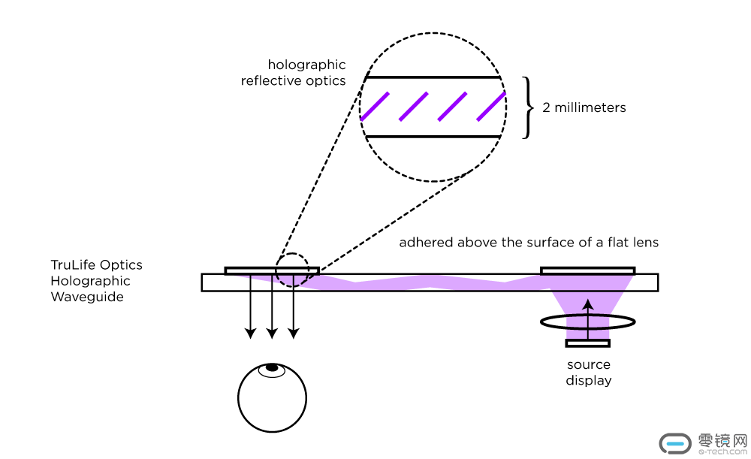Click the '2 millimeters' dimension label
[584, 107]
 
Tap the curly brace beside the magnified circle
[527, 107]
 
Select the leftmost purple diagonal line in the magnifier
[375, 106]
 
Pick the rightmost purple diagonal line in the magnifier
[490, 106]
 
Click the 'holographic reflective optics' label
[294, 73]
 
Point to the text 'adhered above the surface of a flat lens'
[529, 243]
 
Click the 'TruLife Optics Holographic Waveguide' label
[96, 281]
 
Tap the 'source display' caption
[589, 373]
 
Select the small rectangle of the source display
[588, 343]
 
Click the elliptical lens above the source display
[588, 322]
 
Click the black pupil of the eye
[271, 367]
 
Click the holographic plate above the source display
[587, 270]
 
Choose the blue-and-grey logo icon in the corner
[674, 443]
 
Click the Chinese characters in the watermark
[722, 439]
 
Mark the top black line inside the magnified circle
[432, 77]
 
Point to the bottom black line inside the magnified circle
[432, 136]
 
